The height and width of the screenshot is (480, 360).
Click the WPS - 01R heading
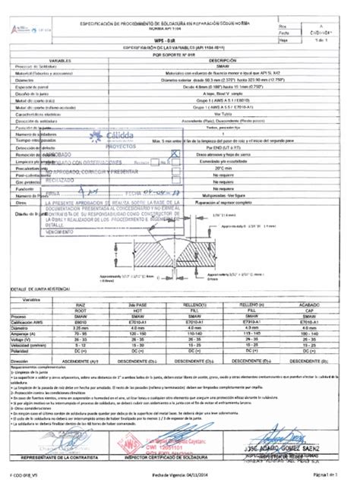(x=180, y=39)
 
